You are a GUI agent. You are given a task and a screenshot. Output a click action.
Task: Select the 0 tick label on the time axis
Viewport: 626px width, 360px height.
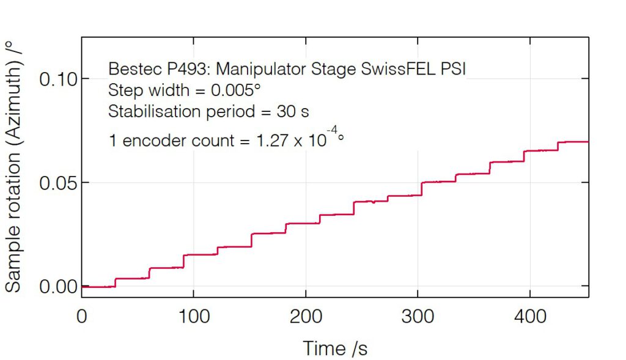click(82, 317)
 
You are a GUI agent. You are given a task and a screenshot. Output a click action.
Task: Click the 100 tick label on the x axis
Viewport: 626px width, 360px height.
click(193, 317)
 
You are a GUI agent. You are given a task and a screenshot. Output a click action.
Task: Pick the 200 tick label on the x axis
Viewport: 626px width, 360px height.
click(306, 317)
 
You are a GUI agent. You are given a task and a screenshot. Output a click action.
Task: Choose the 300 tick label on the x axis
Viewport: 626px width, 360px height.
click(418, 317)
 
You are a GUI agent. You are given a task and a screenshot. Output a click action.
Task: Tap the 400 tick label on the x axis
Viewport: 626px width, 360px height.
click(530, 317)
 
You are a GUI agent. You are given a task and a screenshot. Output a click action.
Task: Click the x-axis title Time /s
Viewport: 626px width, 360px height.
click(335, 348)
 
